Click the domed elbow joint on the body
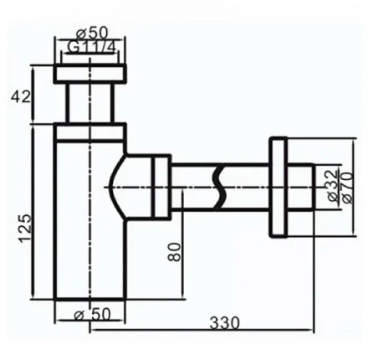pos(125,185)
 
